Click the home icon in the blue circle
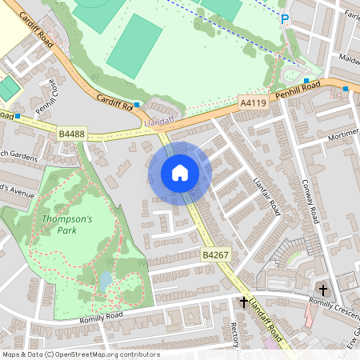click(x=180, y=173)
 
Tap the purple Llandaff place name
click(x=162, y=122)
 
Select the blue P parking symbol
click(x=284, y=18)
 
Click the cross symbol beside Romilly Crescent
click(x=323, y=290)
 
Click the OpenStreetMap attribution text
click(x=80, y=354)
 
